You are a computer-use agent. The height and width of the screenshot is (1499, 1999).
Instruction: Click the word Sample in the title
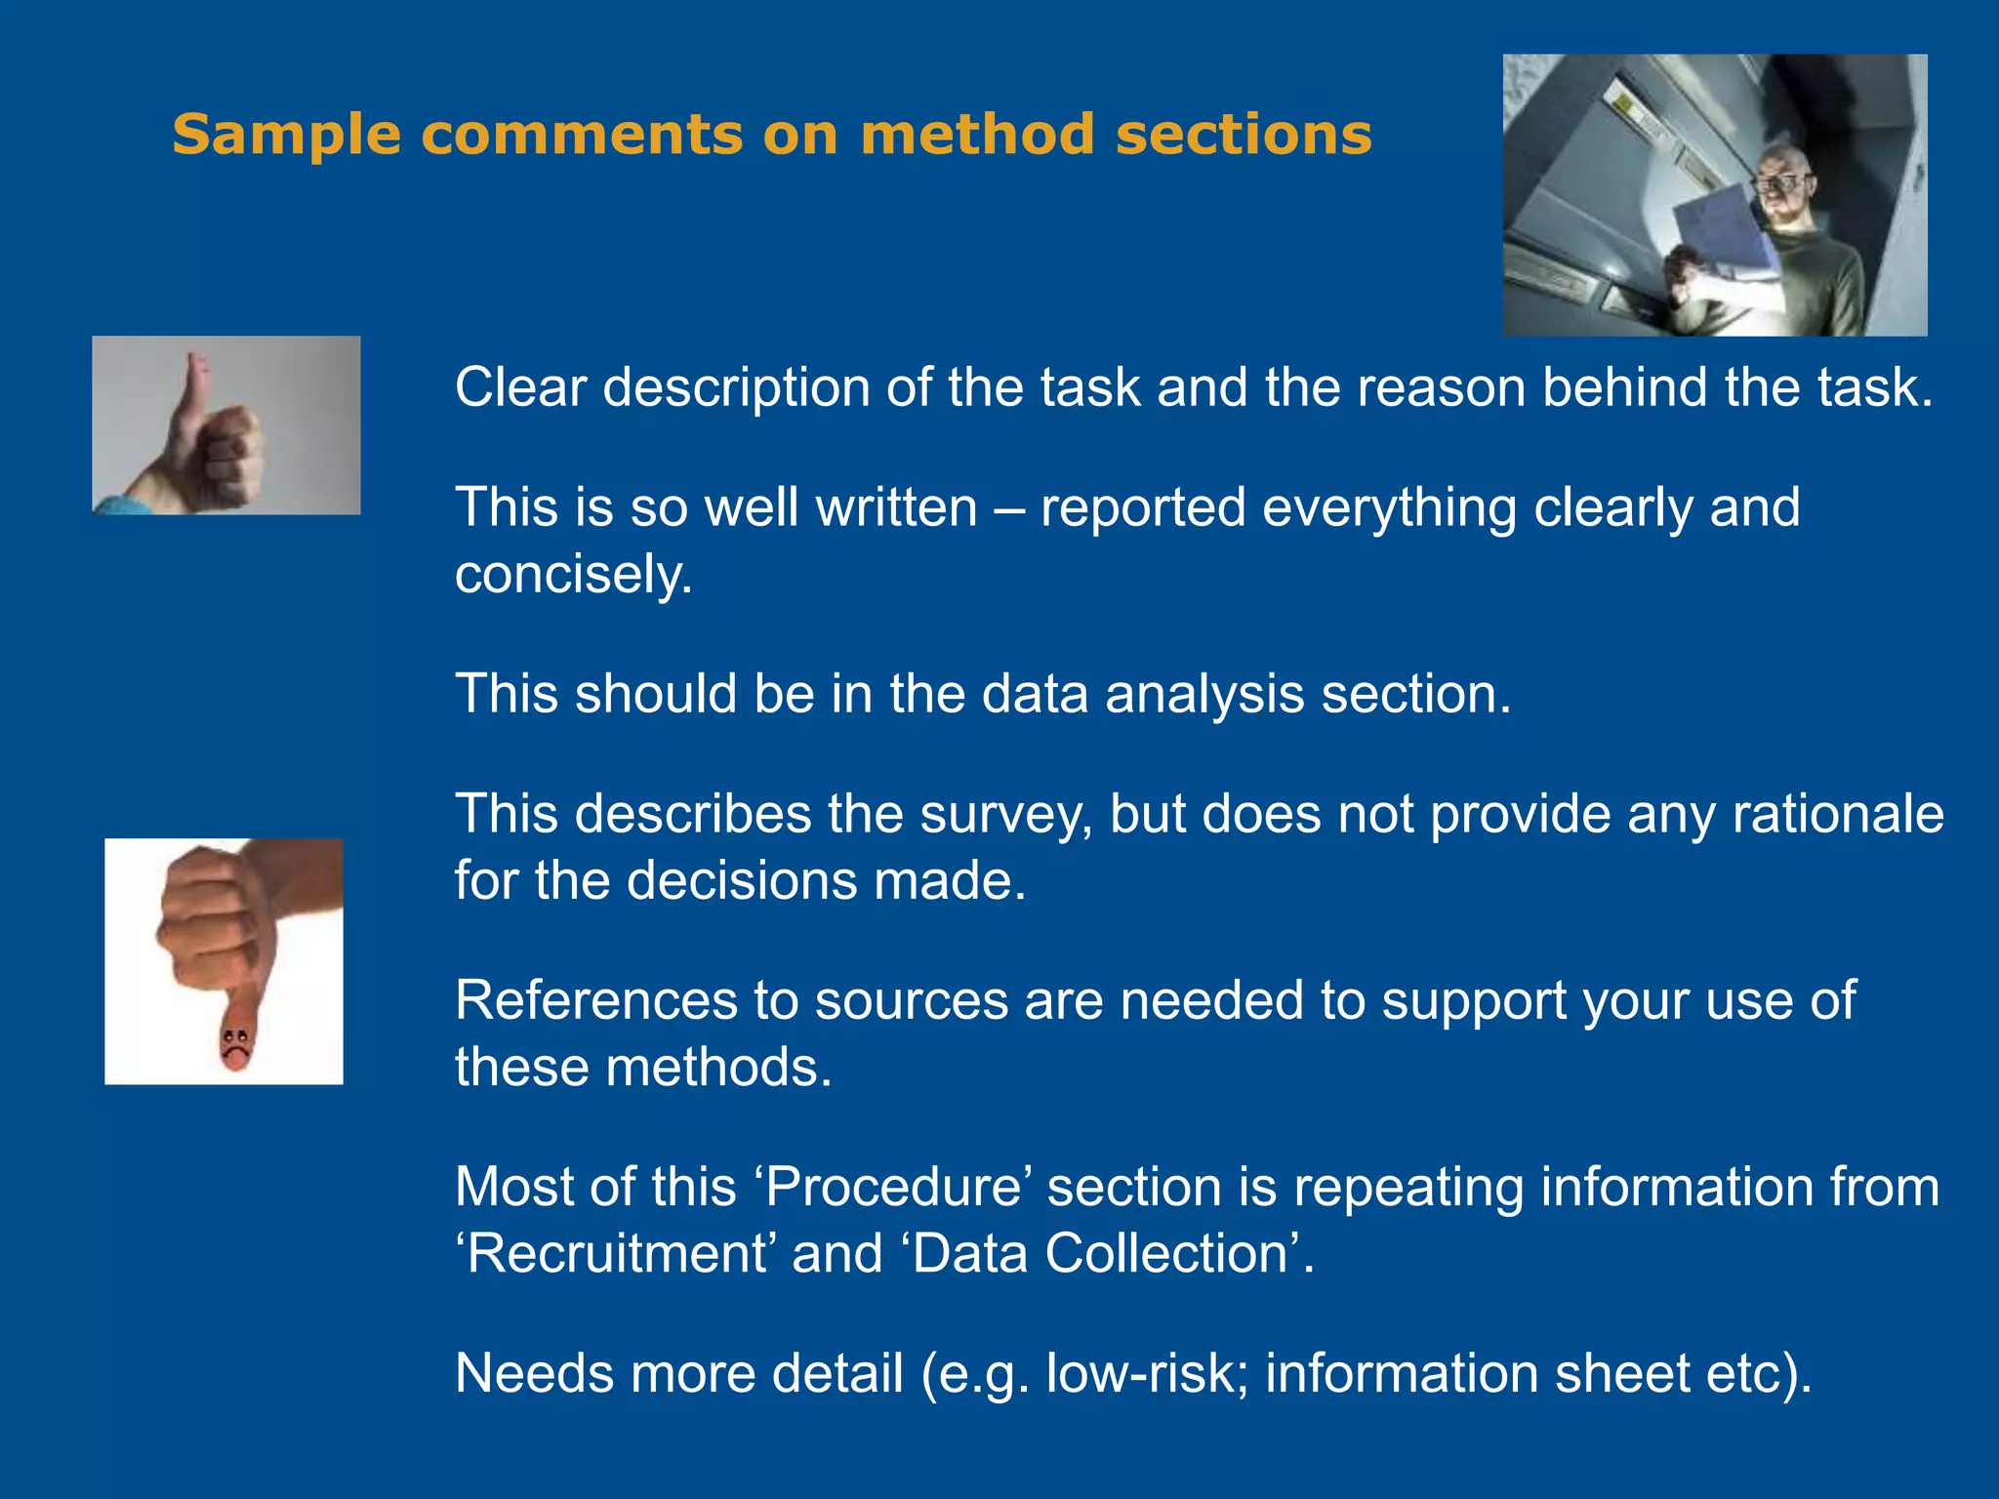[286, 135]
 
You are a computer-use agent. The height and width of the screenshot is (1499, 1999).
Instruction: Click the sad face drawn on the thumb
[234, 1044]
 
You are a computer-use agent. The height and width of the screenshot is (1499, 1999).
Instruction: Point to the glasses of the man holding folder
[1782, 183]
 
